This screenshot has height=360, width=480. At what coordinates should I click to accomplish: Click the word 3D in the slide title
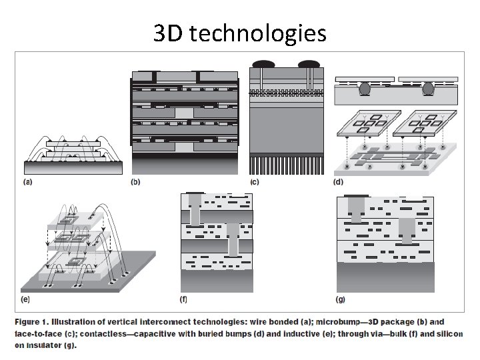(168, 33)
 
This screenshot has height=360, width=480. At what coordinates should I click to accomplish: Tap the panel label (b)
(137, 181)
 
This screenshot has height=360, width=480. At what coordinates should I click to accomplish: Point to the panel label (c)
(254, 181)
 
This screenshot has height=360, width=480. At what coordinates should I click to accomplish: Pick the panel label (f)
(185, 299)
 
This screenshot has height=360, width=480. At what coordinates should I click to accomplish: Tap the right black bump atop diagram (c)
(308, 65)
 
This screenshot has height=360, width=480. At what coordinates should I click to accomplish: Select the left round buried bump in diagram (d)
(365, 87)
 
